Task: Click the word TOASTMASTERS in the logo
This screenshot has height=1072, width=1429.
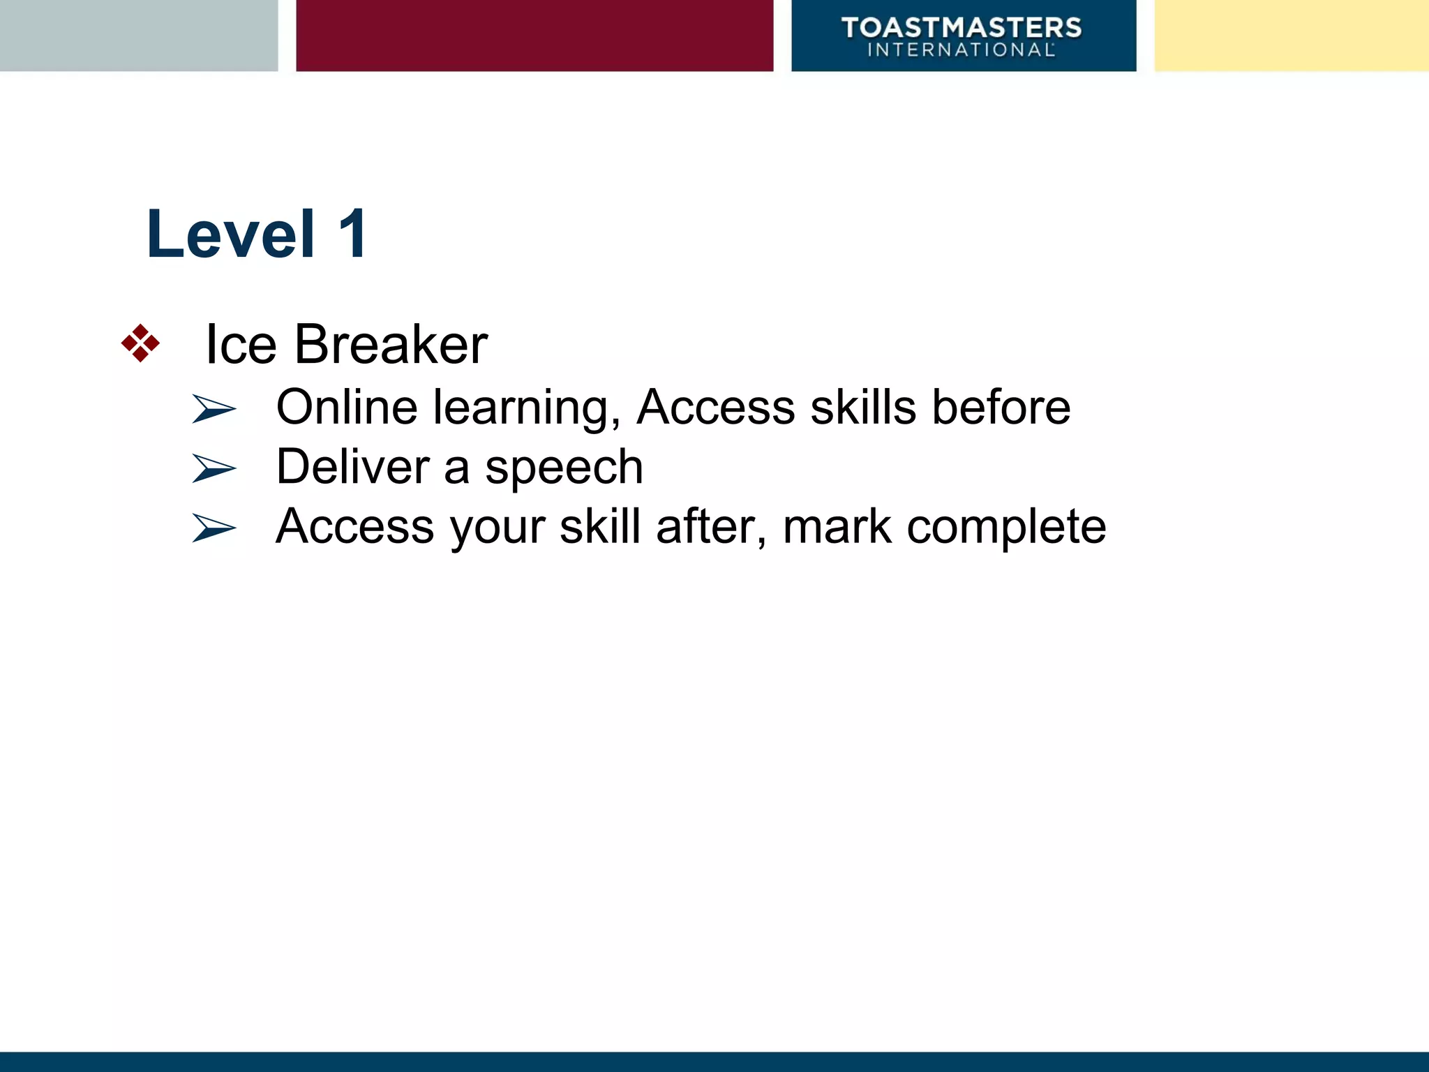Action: pyautogui.click(x=962, y=28)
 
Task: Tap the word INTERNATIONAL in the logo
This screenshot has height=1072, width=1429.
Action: pyautogui.click(x=960, y=50)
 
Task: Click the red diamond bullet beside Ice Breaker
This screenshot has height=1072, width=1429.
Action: pyautogui.click(x=140, y=343)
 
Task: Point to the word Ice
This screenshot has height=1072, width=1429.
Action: pyautogui.click(x=241, y=345)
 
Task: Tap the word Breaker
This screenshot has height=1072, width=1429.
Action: pyautogui.click(x=391, y=345)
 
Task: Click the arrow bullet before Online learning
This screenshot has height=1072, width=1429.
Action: pyautogui.click(x=214, y=408)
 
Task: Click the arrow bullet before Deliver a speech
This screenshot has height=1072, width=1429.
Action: pyautogui.click(x=214, y=468)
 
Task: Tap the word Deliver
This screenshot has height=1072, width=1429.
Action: pyautogui.click(x=352, y=466)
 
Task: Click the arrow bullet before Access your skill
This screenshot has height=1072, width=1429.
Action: pyautogui.click(x=214, y=528)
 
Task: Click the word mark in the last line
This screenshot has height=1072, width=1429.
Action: pyautogui.click(x=837, y=527)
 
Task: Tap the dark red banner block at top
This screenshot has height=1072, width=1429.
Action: pyautogui.click(x=534, y=35)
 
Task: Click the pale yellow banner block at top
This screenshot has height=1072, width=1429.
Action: pyautogui.click(x=1291, y=35)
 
